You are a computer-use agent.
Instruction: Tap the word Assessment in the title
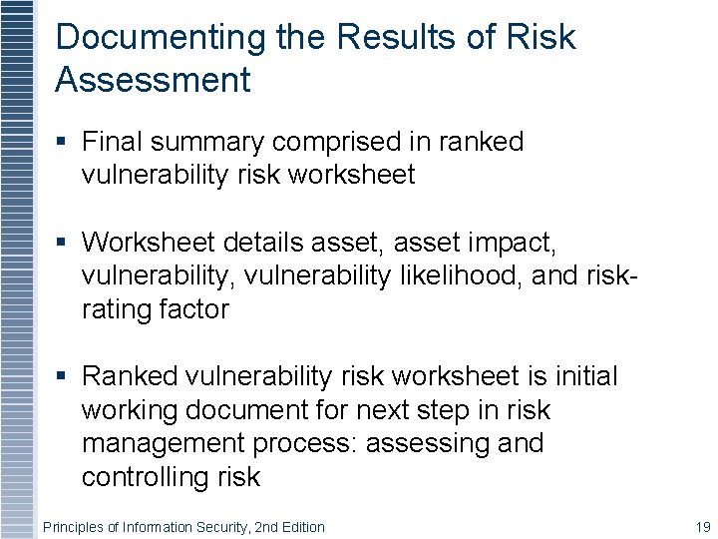point(153,80)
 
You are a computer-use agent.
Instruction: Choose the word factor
point(194,309)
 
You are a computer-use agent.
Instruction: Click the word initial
point(588,376)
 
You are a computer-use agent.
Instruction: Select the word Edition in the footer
point(302,527)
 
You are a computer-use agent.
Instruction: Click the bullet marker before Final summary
point(62,142)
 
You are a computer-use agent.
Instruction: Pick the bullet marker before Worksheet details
point(62,243)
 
